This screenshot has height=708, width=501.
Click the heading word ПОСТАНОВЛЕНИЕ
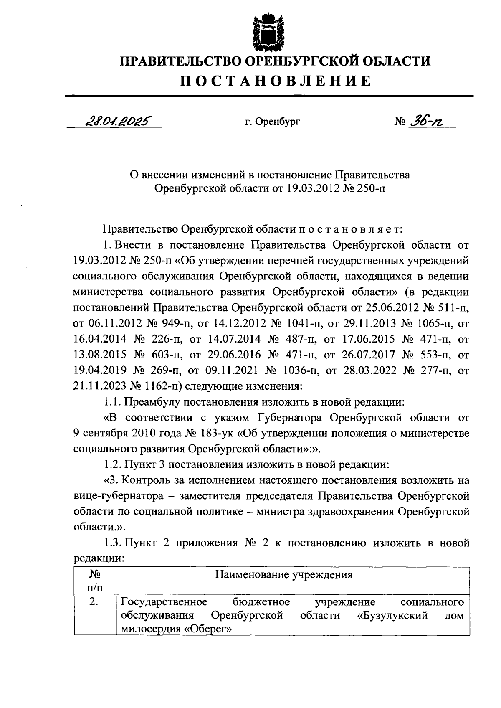pos(275,81)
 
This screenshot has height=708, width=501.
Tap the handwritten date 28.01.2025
pos(118,121)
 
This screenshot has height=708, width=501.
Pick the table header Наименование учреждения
pos(283,574)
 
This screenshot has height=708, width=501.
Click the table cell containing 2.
pos(94,602)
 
